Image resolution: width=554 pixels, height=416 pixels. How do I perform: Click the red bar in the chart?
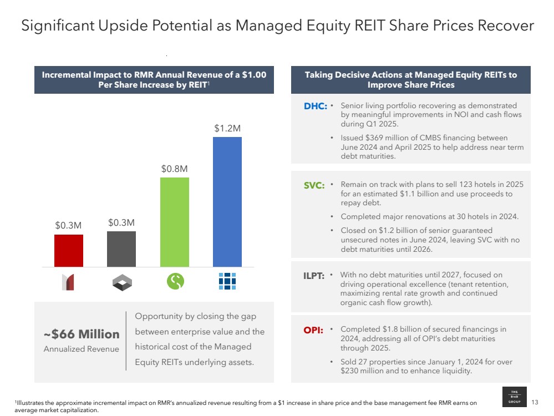[x=69, y=251]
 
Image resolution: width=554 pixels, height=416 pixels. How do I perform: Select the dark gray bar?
[x=121, y=249]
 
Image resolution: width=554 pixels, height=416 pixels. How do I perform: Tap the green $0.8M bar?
[x=175, y=222]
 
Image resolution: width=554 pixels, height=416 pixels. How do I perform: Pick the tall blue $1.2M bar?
[x=227, y=202]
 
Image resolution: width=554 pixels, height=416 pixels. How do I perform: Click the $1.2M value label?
[x=227, y=128]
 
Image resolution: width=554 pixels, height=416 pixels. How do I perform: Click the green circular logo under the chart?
[x=175, y=282]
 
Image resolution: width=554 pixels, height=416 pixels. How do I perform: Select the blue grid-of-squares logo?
[x=227, y=282]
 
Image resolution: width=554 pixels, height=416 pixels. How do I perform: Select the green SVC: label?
[x=314, y=186]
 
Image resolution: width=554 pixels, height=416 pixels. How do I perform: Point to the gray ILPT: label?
[x=313, y=276]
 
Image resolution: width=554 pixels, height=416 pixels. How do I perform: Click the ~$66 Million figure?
[x=82, y=334]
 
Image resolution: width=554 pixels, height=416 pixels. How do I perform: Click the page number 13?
[x=535, y=402]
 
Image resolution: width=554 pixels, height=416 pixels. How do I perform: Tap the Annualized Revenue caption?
[x=82, y=349]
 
